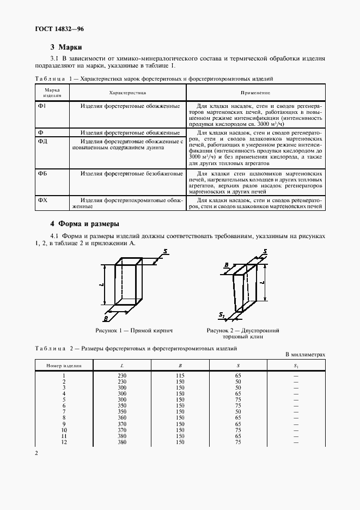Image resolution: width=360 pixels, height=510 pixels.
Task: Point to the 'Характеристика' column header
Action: click(x=127, y=93)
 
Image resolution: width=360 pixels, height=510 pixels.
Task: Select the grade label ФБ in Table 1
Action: click(x=43, y=174)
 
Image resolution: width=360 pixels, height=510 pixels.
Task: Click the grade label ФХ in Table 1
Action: click(x=43, y=201)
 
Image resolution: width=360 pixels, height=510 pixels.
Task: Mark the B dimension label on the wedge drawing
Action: click(x=225, y=265)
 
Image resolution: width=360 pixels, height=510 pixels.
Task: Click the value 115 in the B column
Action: click(x=180, y=376)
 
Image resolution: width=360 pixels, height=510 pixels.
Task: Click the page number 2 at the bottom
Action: click(x=36, y=453)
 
